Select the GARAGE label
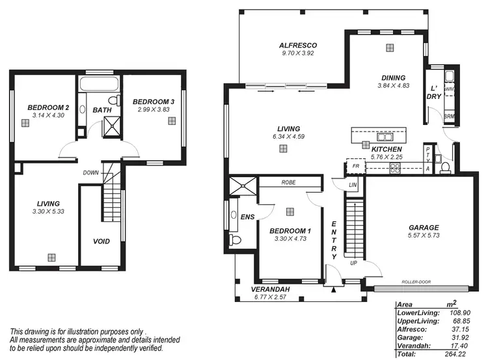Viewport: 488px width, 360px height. pyautogui.click(x=423, y=228)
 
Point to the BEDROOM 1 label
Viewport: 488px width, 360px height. pyautogui.click(x=291, y=231)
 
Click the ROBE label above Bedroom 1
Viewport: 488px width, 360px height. pyautogui.click(x=290, y=183)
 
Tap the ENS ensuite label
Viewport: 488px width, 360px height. pyautogui.click(x=247, y=216)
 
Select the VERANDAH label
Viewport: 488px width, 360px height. pyautogui.click(x=271, y=289)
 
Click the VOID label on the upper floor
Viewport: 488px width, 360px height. pyautogui.click(x=101, y=242)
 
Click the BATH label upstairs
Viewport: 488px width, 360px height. pyautogui.click(x=102, y=111)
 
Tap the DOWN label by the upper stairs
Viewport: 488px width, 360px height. pyautogui.click(x=91, y=173)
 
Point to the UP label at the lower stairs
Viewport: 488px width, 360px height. pyautogui.click(x=353, y=263)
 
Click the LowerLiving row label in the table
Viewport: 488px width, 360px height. pyautogui.click(x=418, y=313)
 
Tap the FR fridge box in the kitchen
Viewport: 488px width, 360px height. pyautogui.click(x=356, y=167)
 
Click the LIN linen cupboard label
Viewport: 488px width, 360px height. pyautogui.click(x=353, y=186)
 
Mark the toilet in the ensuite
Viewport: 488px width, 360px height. pyautogui.click(x=236, y=240)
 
